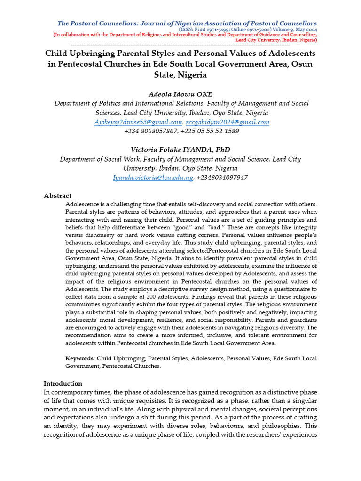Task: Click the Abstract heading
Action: point(57,195)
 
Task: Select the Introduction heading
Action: point(63,383)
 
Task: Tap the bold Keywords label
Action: point(79,358)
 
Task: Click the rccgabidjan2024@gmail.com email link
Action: point(228,122)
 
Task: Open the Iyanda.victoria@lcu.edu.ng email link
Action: point(153,178)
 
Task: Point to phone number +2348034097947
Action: point(222,178)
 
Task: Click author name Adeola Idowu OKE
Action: point(180,94)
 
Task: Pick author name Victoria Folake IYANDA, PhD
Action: point(180,150)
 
